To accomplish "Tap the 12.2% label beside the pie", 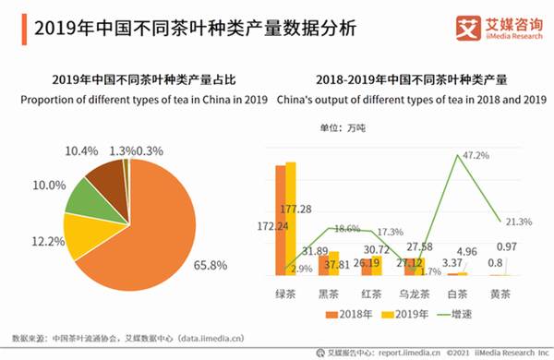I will tap(42, 242).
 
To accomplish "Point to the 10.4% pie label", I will tap(81, 150).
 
